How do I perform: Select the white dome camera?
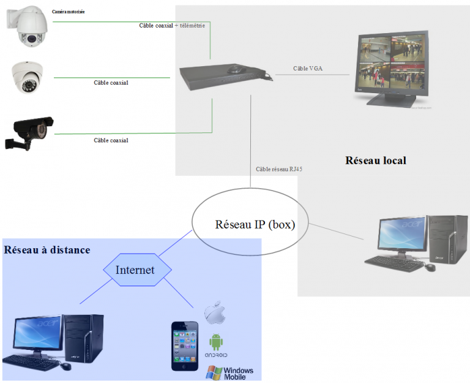tap(26, 77)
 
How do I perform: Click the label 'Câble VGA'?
tap(308, 69)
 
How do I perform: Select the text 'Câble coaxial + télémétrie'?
tap(172, 26)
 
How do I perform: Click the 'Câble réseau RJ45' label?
tap(280, 169)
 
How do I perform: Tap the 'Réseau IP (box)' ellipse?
tap(255, 225)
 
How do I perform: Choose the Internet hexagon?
tap(135, 270)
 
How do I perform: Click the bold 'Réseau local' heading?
tap(376, 161)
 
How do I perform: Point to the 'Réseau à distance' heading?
tap(47, 250)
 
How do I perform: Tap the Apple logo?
tap(215, 313)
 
